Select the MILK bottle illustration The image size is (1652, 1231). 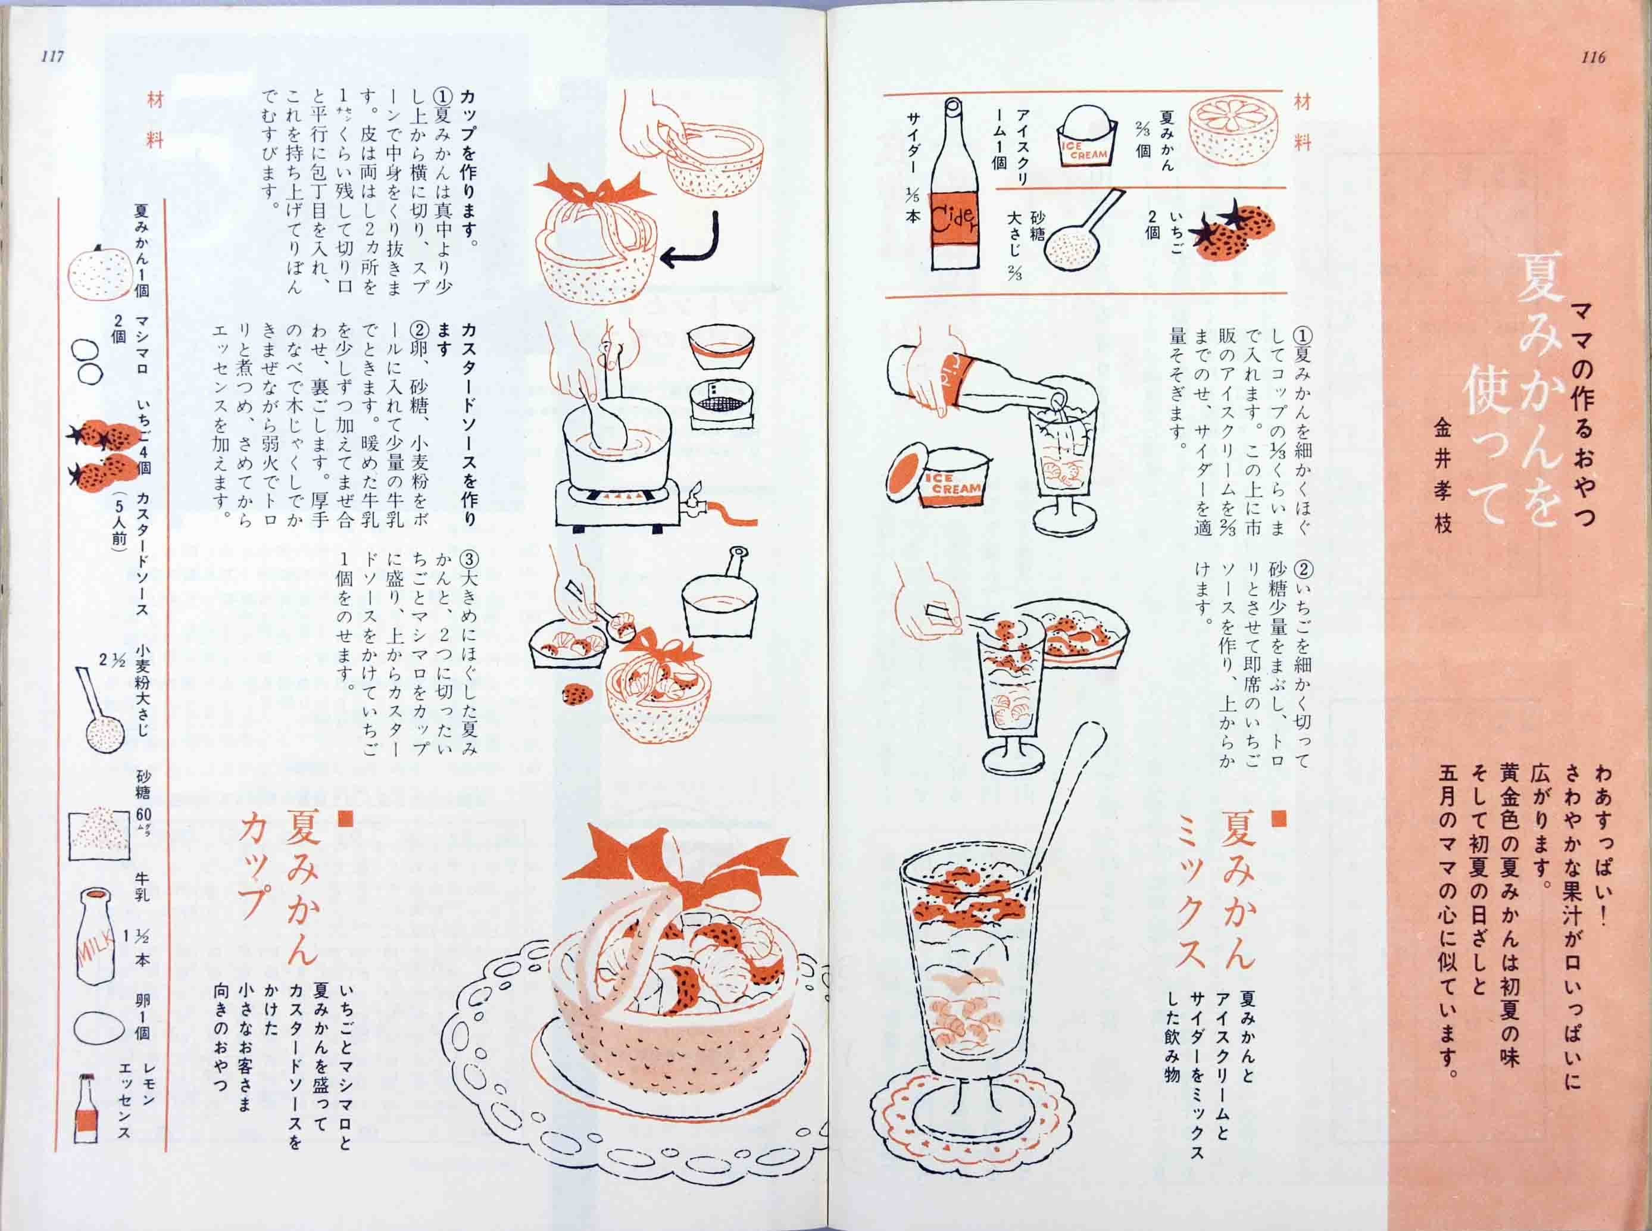tap(95, 936)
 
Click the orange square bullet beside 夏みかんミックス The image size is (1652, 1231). tap(1278, 817)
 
